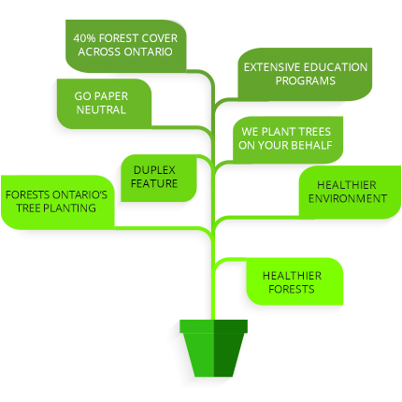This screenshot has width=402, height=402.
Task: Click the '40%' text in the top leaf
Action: (x=84, y=38)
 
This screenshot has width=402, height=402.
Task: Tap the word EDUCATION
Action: (x=336, y=67)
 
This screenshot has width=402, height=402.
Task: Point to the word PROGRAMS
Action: (x=306, y=80)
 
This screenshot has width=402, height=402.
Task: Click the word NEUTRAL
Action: (x=101, y=109)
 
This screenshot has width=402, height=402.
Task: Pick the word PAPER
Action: (x=111, y=96)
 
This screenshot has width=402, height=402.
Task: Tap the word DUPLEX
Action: (x=154, y=170)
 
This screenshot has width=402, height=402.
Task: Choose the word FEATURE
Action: (x=154, y=183)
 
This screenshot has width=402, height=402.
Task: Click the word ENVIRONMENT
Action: (x=348, y=198)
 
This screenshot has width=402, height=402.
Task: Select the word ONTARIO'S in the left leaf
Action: (x=79, y=194)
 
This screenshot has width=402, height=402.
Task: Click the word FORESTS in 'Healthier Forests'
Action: (x=292, y=289)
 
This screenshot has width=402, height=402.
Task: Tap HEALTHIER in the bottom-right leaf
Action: (x=292, y=276)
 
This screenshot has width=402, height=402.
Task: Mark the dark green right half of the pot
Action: (x=230, y=348)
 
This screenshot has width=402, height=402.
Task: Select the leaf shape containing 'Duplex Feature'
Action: (x=159, y=178)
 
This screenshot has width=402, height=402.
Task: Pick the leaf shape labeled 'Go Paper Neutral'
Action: (x=104, y=104)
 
